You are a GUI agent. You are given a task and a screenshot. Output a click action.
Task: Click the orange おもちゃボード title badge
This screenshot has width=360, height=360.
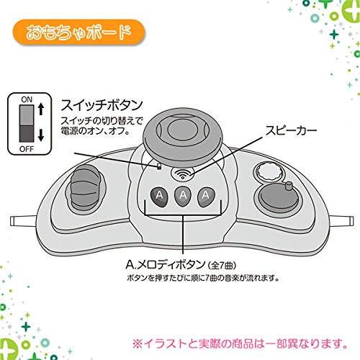[x=79, y=32]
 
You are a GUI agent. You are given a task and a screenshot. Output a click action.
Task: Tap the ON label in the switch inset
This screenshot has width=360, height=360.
[x=27, y=99]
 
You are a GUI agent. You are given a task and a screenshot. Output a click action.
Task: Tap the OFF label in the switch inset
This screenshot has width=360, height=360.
[x=27, y=149]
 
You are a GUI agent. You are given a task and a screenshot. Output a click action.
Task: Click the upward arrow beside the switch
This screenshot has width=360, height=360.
[x=41, y=109]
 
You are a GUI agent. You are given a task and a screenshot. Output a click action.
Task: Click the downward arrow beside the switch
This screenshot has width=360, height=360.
[x=41, y=135]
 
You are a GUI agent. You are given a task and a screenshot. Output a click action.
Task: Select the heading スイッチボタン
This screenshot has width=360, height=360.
[x=102, y=105]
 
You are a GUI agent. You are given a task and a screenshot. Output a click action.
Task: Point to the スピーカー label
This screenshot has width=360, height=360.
[x=291, y=131]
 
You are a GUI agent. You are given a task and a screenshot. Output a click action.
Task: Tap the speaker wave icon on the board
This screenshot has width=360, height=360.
[x=183, y=174]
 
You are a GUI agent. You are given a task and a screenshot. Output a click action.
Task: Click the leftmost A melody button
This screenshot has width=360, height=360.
[x=159, y=197]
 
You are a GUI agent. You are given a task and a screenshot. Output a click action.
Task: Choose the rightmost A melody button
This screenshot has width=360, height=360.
[x=206, y=197]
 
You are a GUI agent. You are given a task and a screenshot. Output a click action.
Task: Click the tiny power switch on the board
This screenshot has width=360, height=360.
[x=158, y=166]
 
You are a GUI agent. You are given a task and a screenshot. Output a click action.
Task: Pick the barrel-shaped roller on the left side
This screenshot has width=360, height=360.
[x=84, y=189]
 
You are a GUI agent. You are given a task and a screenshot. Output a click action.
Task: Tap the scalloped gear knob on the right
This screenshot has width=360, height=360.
[x=269, y=171]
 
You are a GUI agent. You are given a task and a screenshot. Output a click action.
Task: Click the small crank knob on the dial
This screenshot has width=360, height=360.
[x=289, y=186]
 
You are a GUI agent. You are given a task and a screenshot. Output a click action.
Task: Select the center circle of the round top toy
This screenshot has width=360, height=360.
[x=182, y=130]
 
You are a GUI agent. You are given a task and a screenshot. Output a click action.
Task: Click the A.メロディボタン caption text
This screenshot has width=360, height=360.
[x=181, y=265]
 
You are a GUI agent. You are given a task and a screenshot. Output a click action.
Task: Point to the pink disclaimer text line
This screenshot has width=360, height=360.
[x=240, y=343]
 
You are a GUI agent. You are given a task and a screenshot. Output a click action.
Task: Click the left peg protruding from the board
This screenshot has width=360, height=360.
[x=24, y=221]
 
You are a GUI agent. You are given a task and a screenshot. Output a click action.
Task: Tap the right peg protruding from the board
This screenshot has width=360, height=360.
[x=341, y=220]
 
